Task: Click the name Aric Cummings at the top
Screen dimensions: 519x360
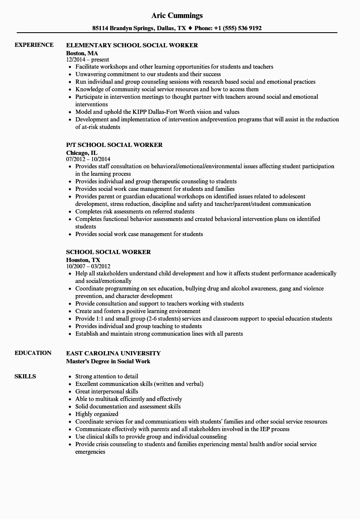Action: [x=177, y=15]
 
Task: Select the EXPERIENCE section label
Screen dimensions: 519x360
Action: [x=34, y=45]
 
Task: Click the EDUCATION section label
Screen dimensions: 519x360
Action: [x=33, y=353]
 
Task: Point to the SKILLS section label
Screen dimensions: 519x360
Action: [x=25, y=376]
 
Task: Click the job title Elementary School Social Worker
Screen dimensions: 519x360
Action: [x=132, y=45]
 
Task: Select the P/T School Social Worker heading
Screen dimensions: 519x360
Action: [x=114, y=145]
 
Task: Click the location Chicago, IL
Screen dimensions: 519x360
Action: [x=82, y=153]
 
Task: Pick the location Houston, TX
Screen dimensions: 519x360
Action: [x=83, y=260]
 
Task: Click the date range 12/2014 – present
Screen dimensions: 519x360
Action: [x=87, y=60]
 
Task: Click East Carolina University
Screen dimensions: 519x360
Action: [x=113, y=353]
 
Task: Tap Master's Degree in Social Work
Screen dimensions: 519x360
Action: [x=108, y=361]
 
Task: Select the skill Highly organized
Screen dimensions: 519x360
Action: [x=97, y=414]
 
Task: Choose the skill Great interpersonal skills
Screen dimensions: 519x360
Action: [x=107, y=391]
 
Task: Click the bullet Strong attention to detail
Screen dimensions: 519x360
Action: [x=107, y=376]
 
